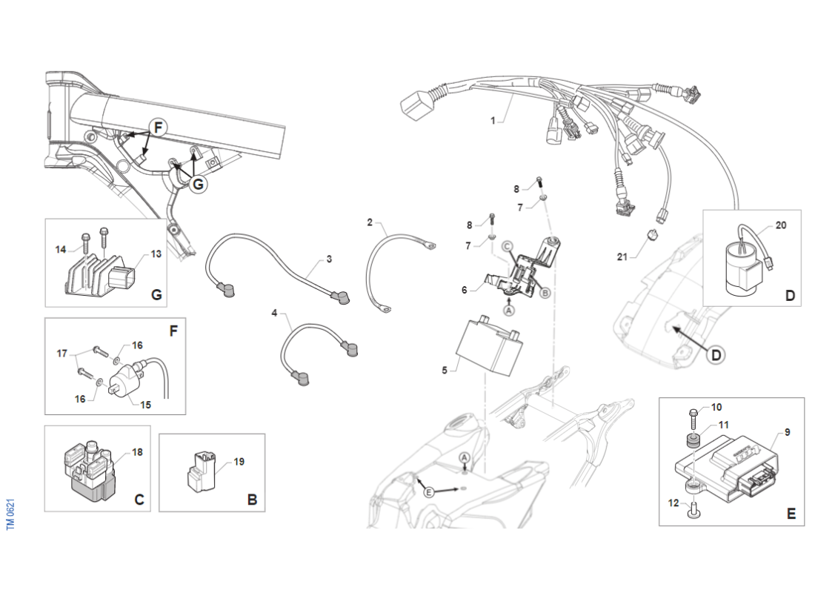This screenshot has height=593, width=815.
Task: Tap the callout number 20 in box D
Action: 781,225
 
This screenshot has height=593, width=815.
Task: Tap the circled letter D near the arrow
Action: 716,355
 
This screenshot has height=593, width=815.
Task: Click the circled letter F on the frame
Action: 157,127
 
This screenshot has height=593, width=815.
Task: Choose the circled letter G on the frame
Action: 198,184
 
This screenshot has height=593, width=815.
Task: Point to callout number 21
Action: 623,256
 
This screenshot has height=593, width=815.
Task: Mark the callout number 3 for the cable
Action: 329,259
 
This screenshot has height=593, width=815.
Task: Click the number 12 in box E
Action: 673,503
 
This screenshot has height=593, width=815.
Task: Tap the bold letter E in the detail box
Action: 791,513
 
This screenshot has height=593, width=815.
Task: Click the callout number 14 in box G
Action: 61,249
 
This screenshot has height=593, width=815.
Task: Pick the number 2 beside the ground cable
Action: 370,221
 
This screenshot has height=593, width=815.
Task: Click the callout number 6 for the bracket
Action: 465,290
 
